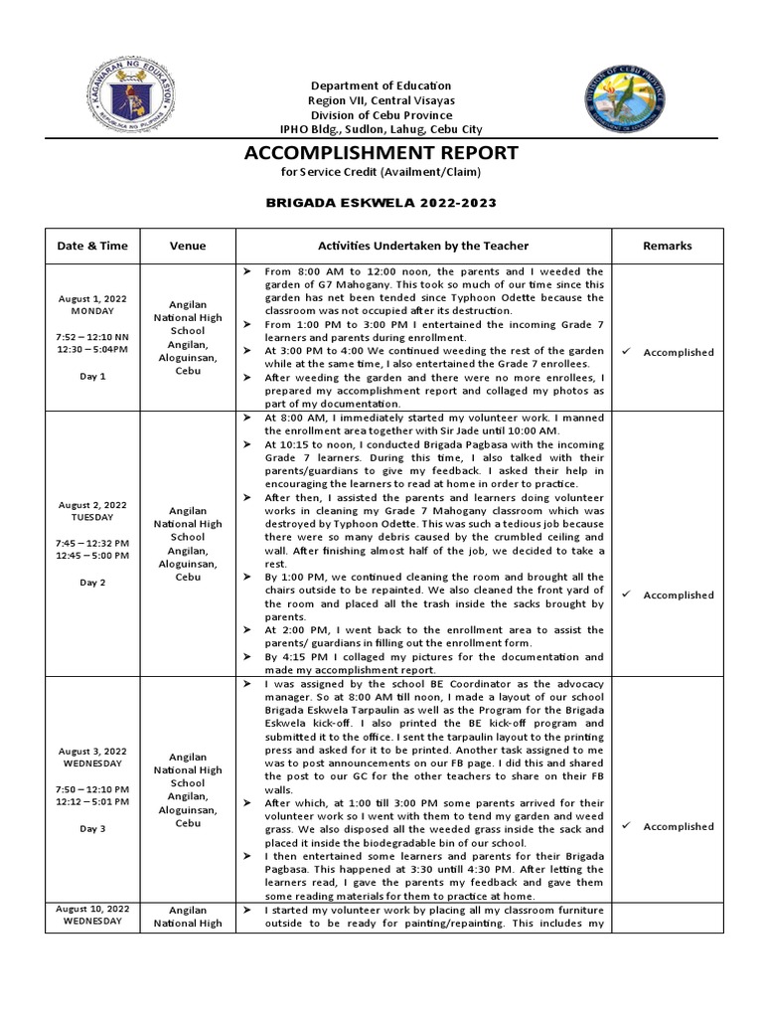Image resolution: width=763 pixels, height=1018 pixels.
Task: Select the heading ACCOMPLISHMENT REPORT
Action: pos(381,152)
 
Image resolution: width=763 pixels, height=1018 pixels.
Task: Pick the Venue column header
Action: pos(188,246)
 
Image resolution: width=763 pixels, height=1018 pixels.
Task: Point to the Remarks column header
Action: pos(668,246)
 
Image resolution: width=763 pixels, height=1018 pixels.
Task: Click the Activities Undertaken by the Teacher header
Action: pos(423,246)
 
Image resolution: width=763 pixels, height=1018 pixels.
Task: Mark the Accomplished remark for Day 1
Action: pos(678,352)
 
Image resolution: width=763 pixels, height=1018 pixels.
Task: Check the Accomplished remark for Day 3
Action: pos(678,826)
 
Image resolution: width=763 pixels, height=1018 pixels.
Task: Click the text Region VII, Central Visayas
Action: pos(381,100)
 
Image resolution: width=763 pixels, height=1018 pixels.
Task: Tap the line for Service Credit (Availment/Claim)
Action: pos(381,172)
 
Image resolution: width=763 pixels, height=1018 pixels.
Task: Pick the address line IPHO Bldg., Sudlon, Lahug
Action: pos(381,130)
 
